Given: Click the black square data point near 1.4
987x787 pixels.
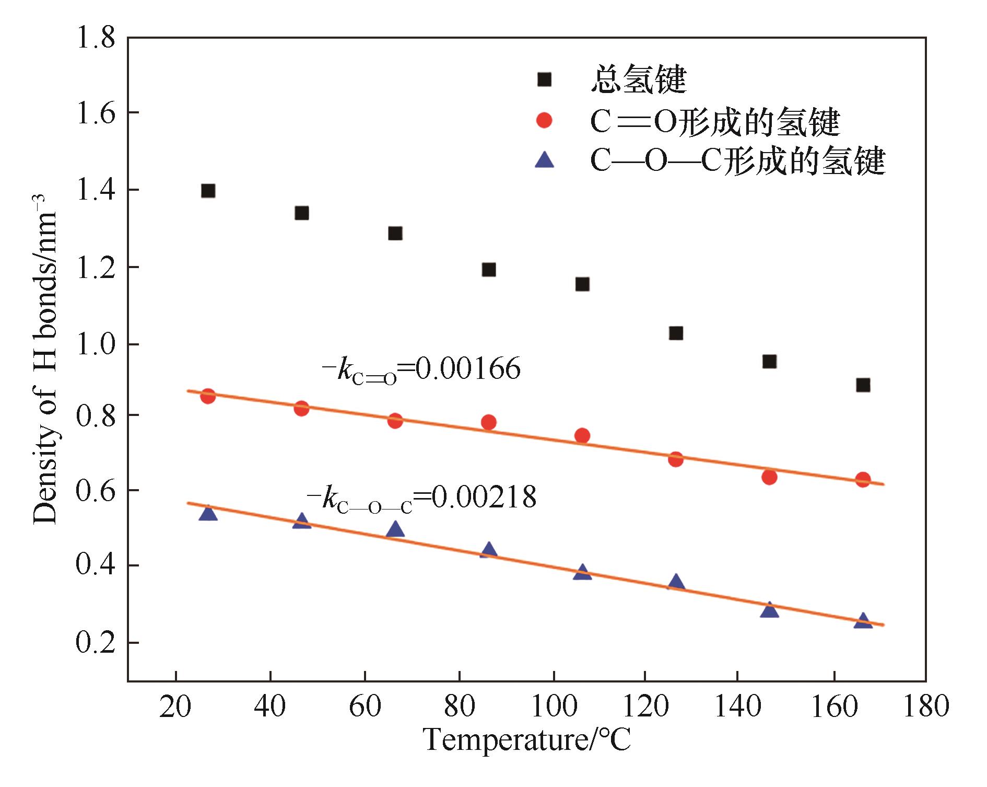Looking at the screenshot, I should pyautogui.click(x=208, y=191).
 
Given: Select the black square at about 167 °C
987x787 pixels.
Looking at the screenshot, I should pyautogui.click(x=863, y=385).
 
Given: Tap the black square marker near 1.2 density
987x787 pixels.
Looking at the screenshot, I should pyautogui.click(x=489, y=270).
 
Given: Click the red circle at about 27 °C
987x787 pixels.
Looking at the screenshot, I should pyautogui.click(x=208, y=396).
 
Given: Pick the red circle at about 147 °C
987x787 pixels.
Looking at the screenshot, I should pyautogui.click(x=769, y=477).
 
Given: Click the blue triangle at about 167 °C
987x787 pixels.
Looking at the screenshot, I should pyautogui.click(x=863, y=621).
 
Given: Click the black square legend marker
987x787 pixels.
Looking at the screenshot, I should pyautogui.click(x=544, y=79).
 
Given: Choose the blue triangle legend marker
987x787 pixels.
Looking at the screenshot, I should pyautogui.click(x=544, y=160).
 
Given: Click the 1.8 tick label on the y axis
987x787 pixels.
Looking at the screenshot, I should pyautogui.click(x=95, y=40).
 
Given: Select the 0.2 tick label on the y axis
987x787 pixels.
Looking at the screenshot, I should pyautogui.click(x=95, y=643).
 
